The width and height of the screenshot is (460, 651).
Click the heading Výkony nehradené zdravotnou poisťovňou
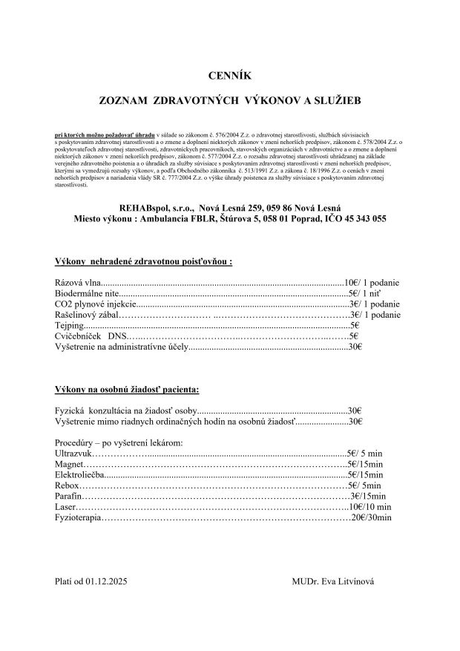click(x=143, y=262)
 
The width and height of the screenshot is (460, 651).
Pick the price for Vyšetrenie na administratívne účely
click(x=355, y=346)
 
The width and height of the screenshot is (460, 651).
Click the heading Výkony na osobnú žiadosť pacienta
click(x=127, y=389)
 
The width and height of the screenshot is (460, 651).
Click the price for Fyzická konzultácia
click(x=355, y=410)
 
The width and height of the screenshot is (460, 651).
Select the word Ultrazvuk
click(x=73, y=453)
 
